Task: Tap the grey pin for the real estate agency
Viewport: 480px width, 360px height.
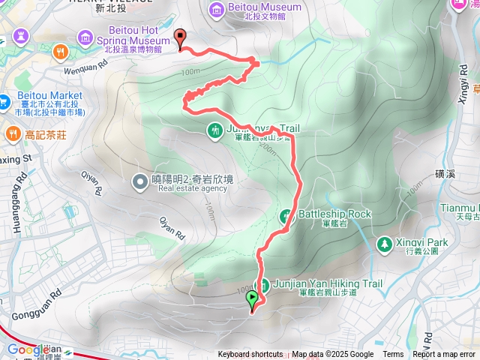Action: [x=139, y=181]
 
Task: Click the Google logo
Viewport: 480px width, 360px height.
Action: [x=28, y=349]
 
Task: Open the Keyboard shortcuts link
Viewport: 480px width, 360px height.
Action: [x=250, y=355]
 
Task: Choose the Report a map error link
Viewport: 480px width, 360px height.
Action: [x=444, y=355]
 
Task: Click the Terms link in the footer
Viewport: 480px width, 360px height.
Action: [x=393, y=355]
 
